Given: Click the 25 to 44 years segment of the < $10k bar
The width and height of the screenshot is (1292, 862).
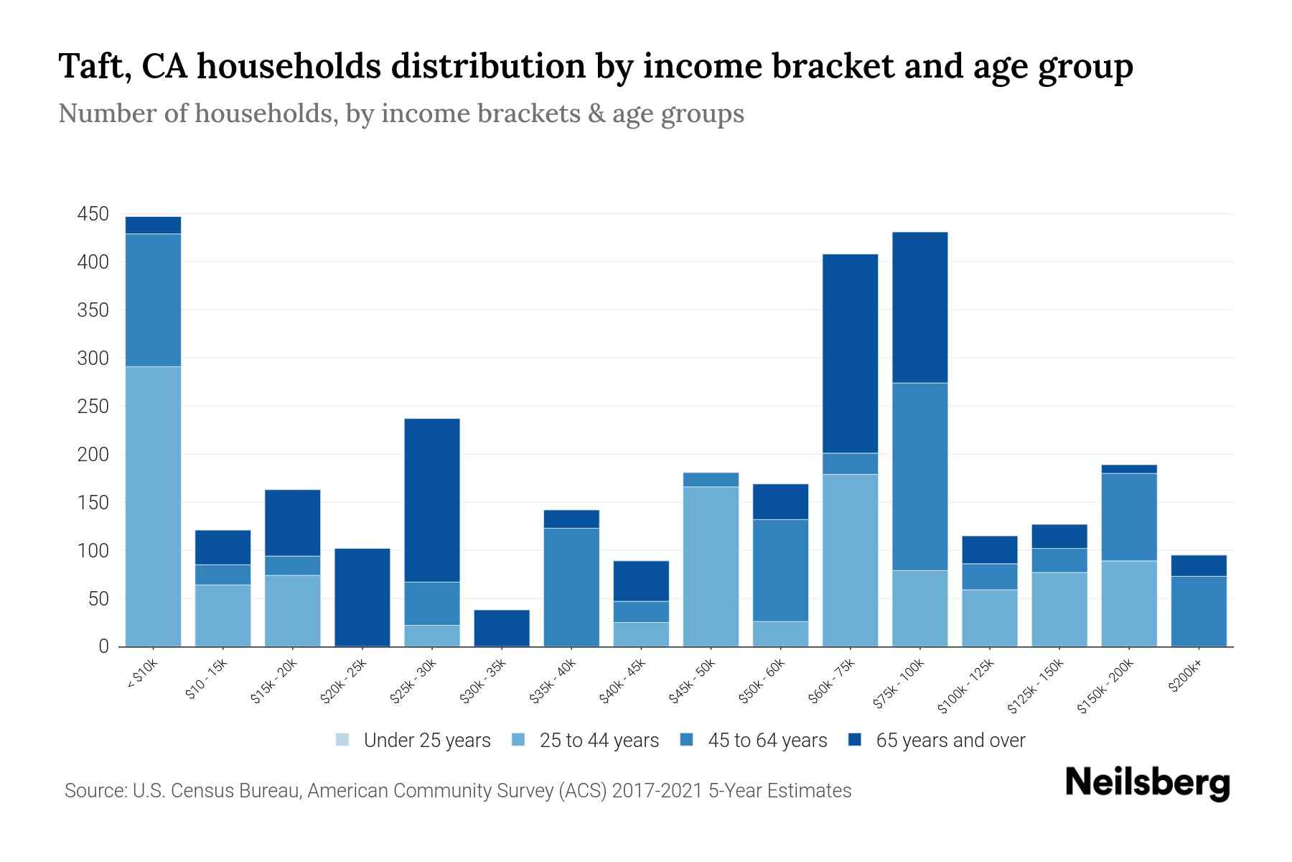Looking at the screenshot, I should point(153,506).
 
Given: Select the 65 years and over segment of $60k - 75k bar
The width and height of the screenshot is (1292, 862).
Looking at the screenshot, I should point(850,353).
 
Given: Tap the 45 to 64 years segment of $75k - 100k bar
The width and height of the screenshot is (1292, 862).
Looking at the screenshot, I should point(919,476).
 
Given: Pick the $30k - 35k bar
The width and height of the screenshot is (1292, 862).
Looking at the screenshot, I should point(502,628).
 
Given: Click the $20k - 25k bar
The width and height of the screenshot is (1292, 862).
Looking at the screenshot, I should point(362,597).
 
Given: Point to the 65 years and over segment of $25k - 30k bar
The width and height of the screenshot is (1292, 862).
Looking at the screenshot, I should point(432,500).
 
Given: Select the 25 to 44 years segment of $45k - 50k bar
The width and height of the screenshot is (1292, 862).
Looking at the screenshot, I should point(711,566).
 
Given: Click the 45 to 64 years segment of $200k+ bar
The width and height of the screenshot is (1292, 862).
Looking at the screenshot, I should point(1199,611).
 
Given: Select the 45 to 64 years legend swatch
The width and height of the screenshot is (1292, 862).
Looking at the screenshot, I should point(687,740).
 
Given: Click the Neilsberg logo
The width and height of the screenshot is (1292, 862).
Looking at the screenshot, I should point(1147,783).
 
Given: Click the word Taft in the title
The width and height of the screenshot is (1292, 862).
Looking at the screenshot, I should point(93,66).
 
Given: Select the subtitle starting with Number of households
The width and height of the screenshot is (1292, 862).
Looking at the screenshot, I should point(401,113).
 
